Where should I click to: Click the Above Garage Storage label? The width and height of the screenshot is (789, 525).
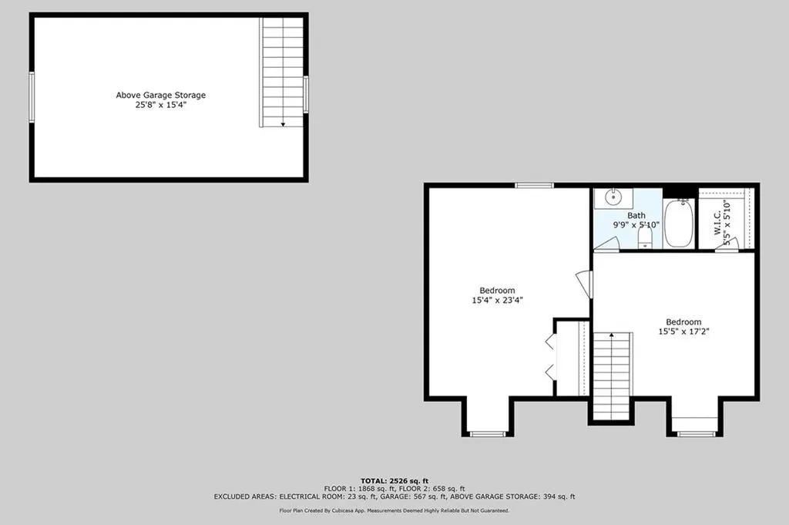click(x=160, y=95)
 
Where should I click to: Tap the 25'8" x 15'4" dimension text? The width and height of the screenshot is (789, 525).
click(x=160, y=105)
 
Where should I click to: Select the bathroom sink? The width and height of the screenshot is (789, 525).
click(x=613, y=198)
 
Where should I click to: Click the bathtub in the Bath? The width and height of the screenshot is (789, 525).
click(x=679, y=223)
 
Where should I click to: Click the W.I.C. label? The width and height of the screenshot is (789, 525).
click(x=717, y=223)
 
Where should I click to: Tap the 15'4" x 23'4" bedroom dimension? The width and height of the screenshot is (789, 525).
click(x=497, y=300)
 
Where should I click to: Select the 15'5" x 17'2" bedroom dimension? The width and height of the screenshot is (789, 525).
click(x=683, y=331)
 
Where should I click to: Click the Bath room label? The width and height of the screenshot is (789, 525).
click(x=636, y=215)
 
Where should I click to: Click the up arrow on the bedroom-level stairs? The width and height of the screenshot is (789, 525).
click(x=611, y=335)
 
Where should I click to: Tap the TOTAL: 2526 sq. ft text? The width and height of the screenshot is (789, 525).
click(x=394, y=481)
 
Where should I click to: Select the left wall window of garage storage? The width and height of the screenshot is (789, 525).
click(x=32, y=97)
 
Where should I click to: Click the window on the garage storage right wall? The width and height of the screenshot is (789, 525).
click(x=305, y=94)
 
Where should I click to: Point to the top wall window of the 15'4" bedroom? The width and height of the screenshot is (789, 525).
click(x=534, y=185)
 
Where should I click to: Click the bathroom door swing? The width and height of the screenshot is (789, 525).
click(x=606, y=244)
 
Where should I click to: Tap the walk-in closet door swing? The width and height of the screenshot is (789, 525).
click(x=727, y=244)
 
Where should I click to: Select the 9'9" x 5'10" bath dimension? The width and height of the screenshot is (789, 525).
click(x=636, y=225)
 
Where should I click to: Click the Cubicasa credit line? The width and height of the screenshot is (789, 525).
click(x=394, y=510)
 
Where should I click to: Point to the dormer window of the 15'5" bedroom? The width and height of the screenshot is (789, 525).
click(x=696, y=433)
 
